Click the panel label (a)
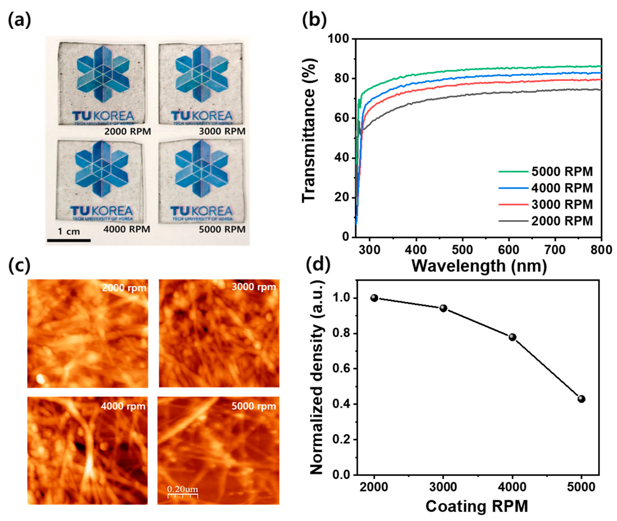coord(19,21)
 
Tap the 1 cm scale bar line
coord(69,240)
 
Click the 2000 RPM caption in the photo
coord(128,132)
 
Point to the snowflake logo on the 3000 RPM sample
coord(202,74)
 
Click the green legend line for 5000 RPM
coord(513,172)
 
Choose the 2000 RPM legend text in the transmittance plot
coord(562,221)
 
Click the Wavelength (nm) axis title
coord(479,266)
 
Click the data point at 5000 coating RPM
coord(581,399)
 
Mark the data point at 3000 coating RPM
coord(443,308)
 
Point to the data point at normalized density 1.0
coord(374,298)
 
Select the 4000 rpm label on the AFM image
coord(123,406)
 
